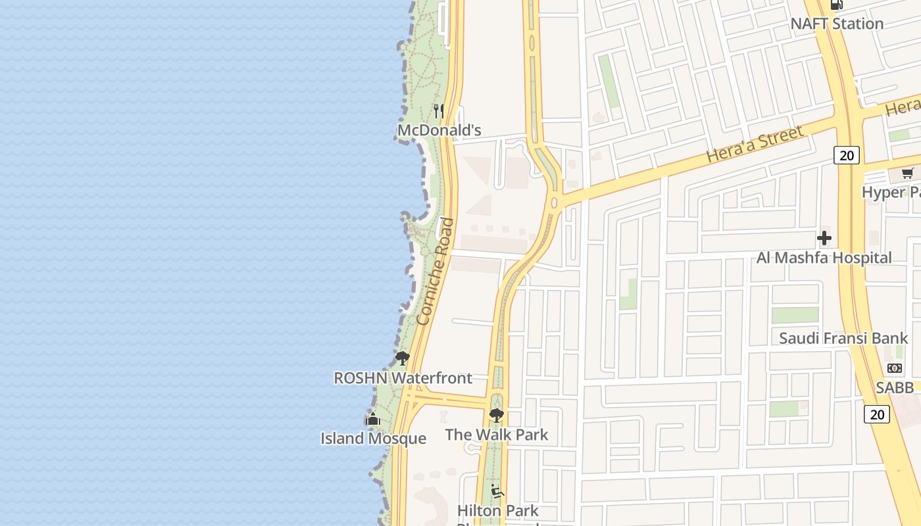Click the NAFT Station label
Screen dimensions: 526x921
point(836,24)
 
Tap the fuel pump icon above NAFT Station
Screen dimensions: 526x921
point(837,4)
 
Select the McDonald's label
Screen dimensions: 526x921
point(439,130)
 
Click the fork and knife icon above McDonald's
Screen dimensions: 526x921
point(439,110)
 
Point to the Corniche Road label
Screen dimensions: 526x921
point(436,271)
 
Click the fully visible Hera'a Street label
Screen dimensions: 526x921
point(755,145)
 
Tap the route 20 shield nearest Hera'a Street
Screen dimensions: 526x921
point(847,155)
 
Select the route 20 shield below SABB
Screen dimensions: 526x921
point(877,414)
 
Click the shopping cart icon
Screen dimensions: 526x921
point(908,174)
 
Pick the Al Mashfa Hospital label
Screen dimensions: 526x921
point(824,258)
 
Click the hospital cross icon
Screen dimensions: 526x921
point(824,238)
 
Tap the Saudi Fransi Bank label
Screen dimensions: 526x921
point(843,339)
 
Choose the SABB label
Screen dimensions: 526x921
point(895,388)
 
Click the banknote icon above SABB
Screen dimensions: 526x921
point(895,368)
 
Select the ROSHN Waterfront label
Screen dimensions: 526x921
point(403,378)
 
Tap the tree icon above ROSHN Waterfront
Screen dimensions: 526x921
point(402,358)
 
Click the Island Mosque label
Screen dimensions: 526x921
point(373,439)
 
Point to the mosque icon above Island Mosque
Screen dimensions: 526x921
point(372,419)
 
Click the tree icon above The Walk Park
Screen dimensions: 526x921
point(497,415)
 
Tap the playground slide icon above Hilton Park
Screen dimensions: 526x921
point(497,491)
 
